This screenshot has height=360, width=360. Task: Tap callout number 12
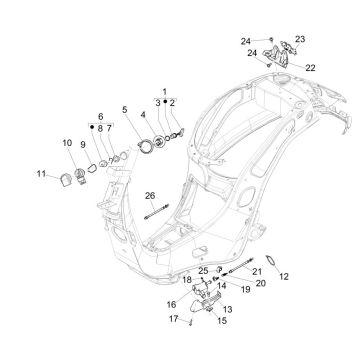[x=284, y=276]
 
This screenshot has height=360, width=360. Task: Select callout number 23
[x=299, y=39]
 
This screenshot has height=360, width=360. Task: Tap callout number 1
[x=165, y=92]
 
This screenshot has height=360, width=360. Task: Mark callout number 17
[x=172, y=319]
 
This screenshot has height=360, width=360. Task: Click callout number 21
[x=256, y=272]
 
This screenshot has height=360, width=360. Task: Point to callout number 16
[x=171, y=303]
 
